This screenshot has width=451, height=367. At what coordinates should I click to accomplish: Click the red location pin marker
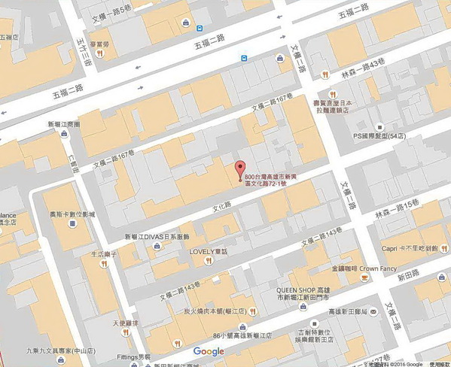(240, 169)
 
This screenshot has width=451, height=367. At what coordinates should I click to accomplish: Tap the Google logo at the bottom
(209, 352)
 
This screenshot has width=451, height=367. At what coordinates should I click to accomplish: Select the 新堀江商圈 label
(62, 124)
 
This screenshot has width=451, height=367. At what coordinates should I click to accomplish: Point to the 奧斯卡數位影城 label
(73, 214)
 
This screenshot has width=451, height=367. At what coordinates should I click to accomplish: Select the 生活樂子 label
(103, 254)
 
